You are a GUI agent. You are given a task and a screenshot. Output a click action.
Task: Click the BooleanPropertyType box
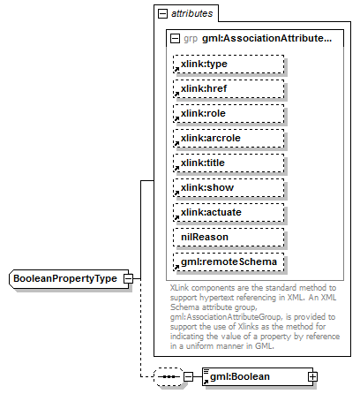pyautogui.click(x=64, y=279)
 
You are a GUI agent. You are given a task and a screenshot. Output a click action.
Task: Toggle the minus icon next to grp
pyautogui.click(x=175, y=39)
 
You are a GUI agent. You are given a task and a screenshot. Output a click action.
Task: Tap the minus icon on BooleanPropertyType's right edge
pyautogui.click(x=128, y=279)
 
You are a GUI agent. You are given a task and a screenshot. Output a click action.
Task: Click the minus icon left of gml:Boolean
pyautogui.click(x=188, y=376)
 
